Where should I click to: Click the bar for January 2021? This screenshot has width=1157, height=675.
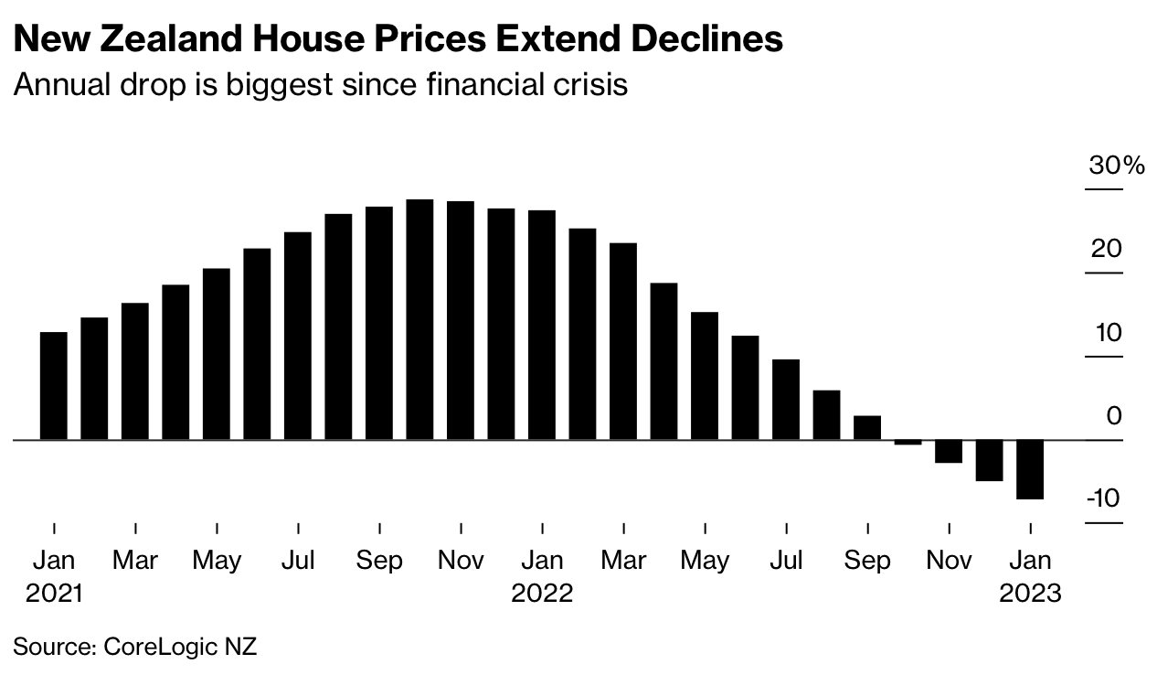pyautogui.click(x=54, y=386)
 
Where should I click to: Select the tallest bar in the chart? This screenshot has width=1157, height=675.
pyautogui.click(x=419, y=319)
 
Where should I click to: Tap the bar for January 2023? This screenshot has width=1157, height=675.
pyautogui.click(x=1030, y=469)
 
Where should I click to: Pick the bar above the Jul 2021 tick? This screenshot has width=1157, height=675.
pyautogui.click(x=298, y=336)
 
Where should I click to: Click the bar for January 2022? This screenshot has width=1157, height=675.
pyautogui.click(x=542, y=325)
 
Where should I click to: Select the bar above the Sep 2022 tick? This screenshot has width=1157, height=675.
pyautogui.click(x=867, y=428)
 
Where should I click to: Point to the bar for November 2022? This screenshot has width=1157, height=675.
pyautogui.click(x=949, y=452)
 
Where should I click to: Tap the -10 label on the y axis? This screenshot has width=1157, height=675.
pyautogui.click(x=1104, y=499)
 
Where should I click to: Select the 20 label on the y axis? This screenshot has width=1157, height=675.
pyautogui.click(x=1106, y=249)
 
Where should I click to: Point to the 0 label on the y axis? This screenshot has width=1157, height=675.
pyautogui.click(x=1113, y=416)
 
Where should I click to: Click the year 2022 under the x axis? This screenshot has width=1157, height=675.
pyautogui.click(x=542, y=593)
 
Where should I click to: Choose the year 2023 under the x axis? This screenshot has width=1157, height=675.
pyautogui.click(x=1030, y=593)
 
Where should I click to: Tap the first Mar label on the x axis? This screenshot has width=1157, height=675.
pyautogui.click(x=135, y=560)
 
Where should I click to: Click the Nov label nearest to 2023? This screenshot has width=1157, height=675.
pyautogui.click(x=949, y=560)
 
